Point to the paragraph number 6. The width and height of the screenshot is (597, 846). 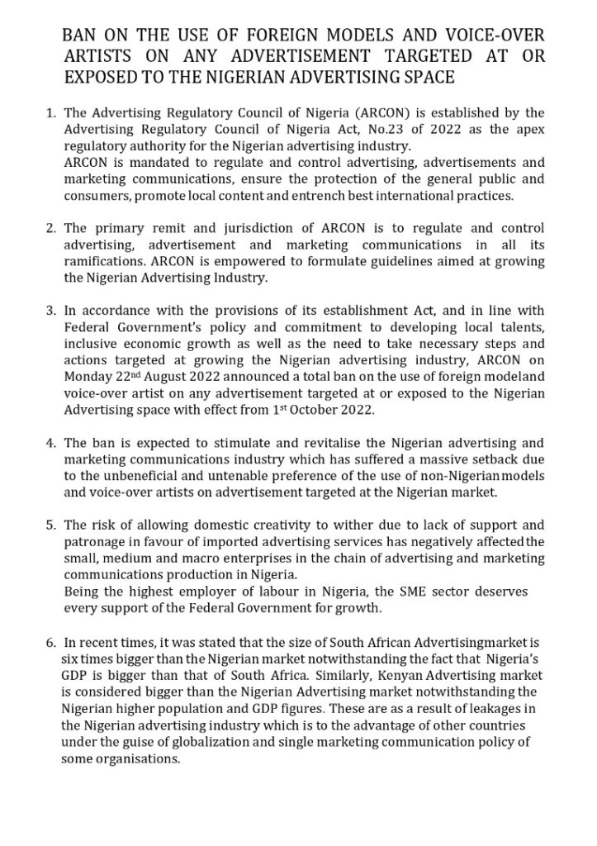click(50, 643)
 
